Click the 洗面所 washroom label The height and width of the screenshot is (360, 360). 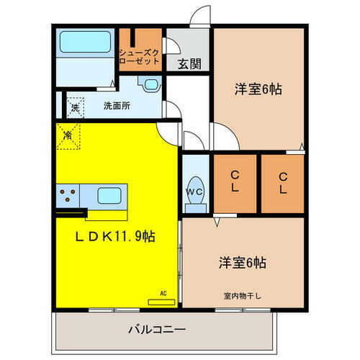pyautogui.click(x=116, y=106)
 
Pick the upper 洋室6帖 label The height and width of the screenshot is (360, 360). pyautogui.click(x=257, y=90)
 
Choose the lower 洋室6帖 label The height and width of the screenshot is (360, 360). pyautogui.click(x=241, y=262)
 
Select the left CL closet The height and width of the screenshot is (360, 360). pyautogui.click(x=235, y=183)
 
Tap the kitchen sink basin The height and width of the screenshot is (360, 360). pyautogui.click(x=109, y=195)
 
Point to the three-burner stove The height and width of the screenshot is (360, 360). pyautogui.click(x=69, y=195)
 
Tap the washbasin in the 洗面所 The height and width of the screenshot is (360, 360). pyautogui.click(x=150, y=84)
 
